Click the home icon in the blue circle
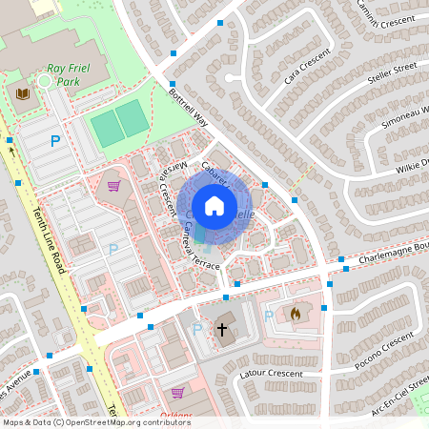[214, 205]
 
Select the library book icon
[23, 92]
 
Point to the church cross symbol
[222, 330]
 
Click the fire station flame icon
[296, 312]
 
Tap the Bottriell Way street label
[188, 111]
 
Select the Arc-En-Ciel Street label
[395, 391]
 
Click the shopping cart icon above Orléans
[177, 392]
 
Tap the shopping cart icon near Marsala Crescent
[113, 186]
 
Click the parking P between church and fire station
[268, 315]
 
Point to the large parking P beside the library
[54, 141]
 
